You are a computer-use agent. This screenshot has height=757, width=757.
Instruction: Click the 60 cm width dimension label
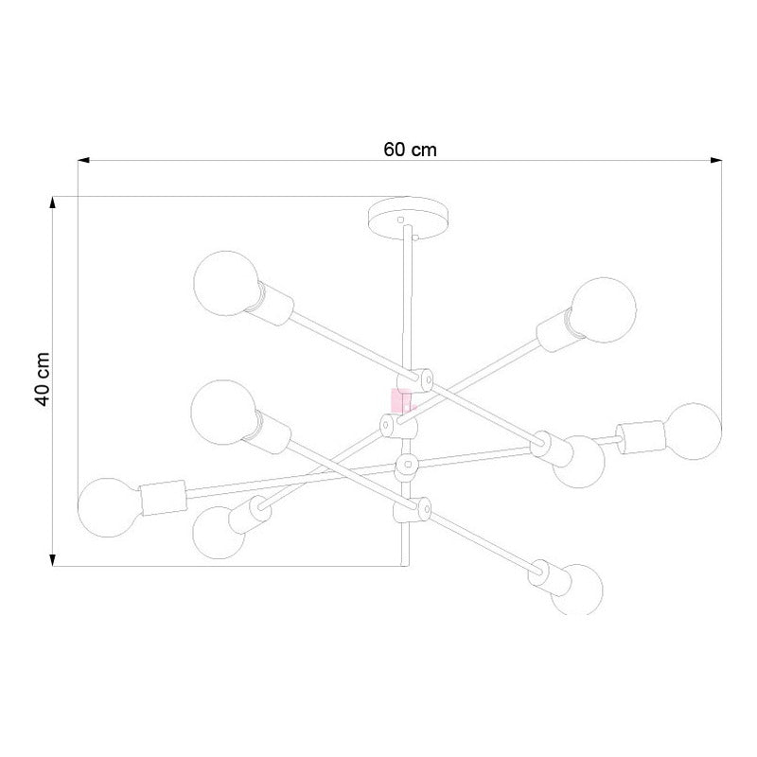click(x=410, y=150)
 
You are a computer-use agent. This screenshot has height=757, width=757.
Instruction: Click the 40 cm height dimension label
click(x=43, y=379)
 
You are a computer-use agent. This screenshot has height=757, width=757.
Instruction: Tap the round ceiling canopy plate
click(x=408, y=219)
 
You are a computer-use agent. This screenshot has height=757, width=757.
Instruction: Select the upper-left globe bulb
click(x=226, y=283)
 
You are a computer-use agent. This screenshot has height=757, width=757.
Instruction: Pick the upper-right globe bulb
click(x=604, y=310)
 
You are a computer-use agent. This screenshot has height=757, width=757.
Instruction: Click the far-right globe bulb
click(x=694, y=431)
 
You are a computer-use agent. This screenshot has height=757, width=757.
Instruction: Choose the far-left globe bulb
click(x=109, y=507)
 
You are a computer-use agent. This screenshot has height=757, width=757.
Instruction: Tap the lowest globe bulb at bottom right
click(x=577, y=590)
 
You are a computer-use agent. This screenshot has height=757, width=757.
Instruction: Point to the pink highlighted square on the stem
click(x=400, y=400)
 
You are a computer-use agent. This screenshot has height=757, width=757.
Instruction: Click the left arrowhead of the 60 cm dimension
click(x=84, y=160)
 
